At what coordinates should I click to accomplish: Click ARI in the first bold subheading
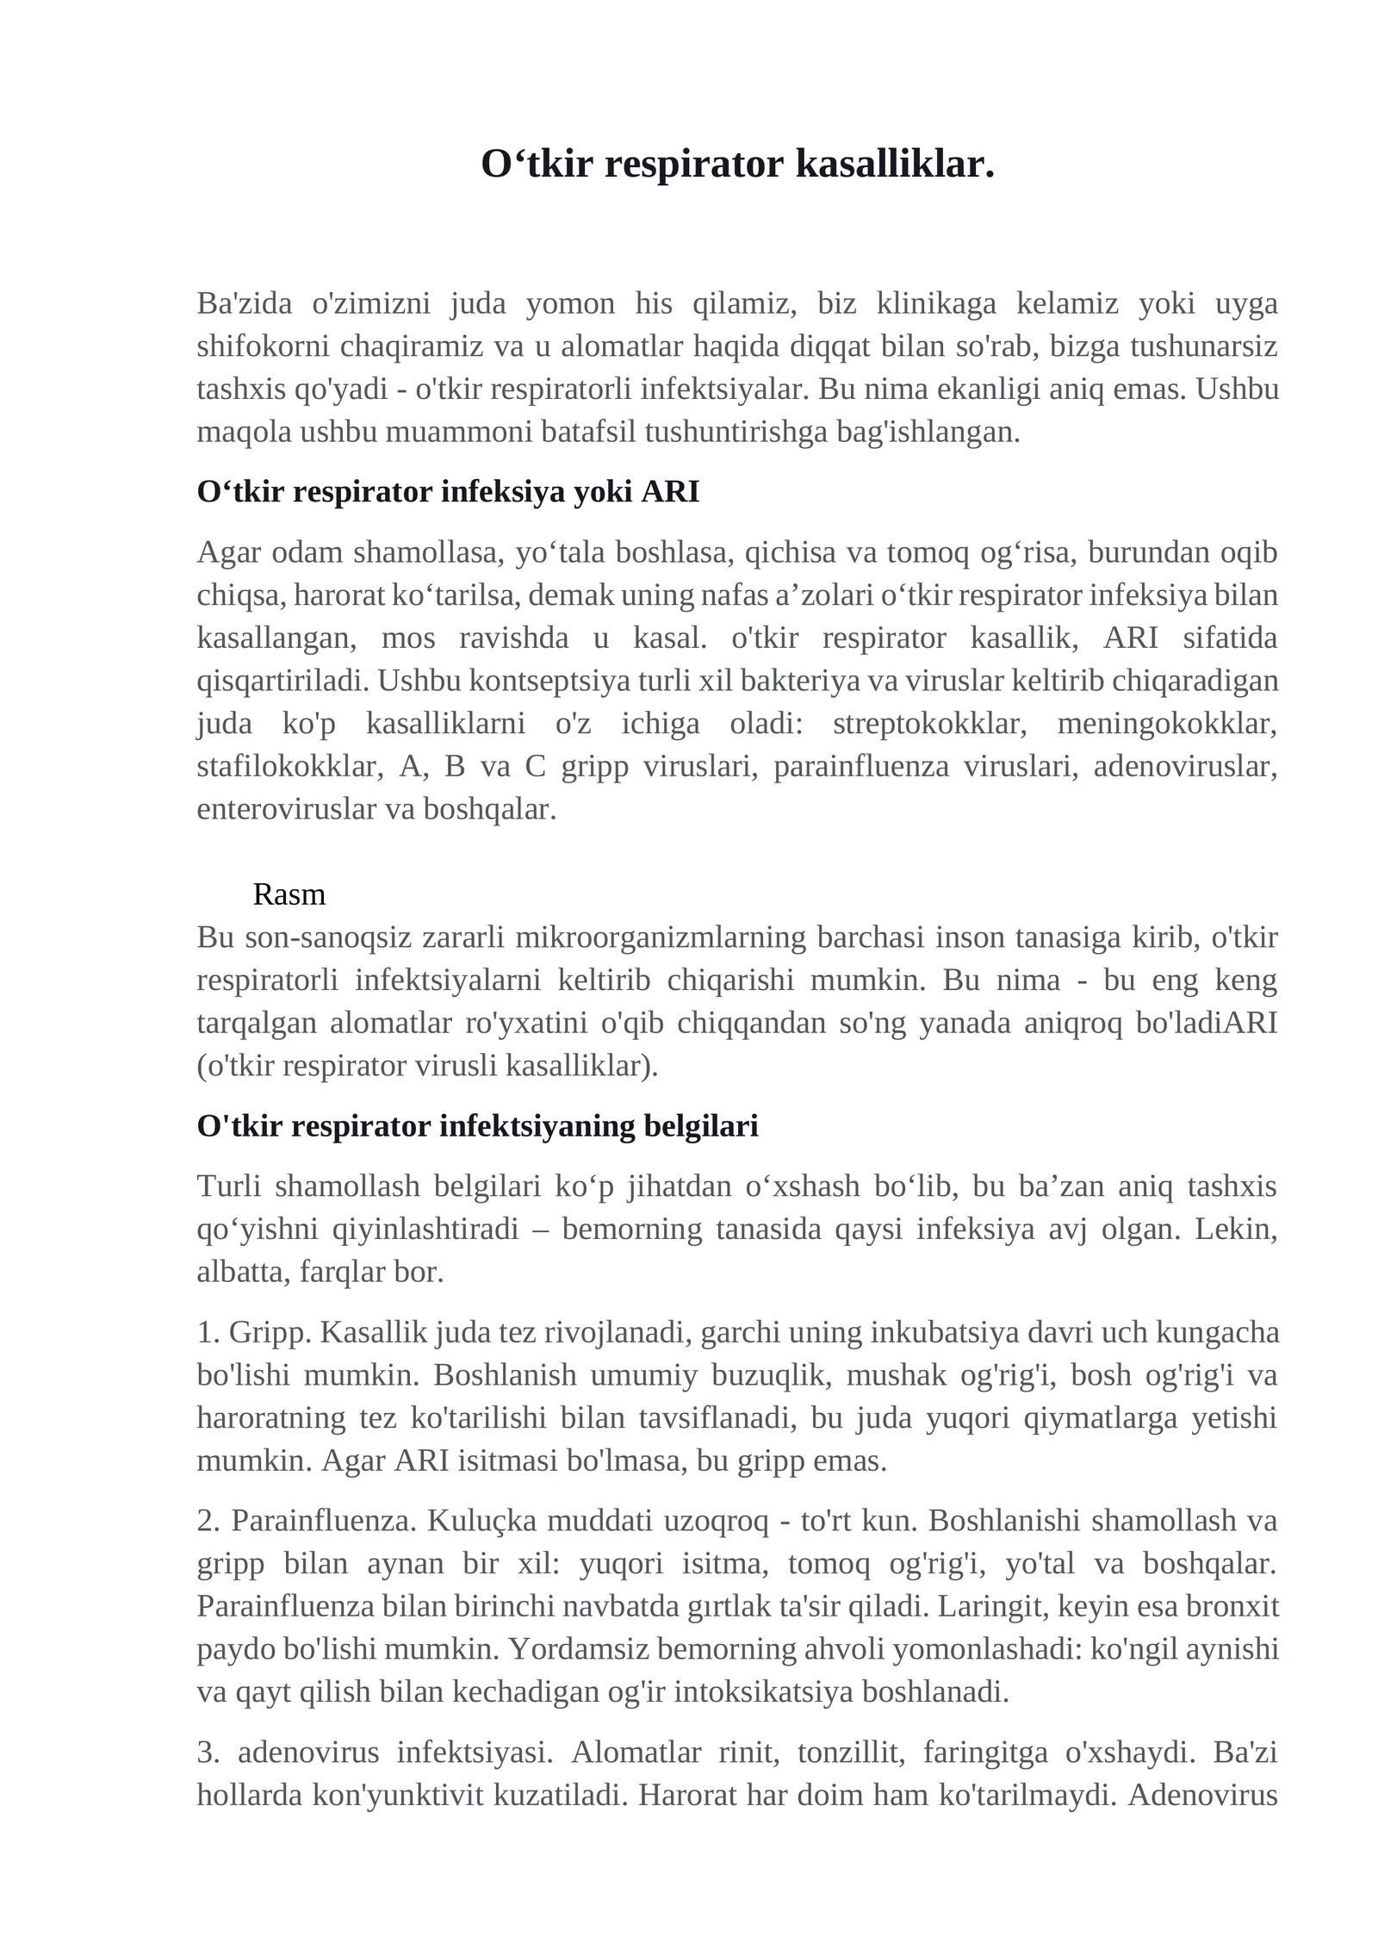pyautogui.click(x=670, y=493)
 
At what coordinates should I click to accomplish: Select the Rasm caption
pyautogui.click(x=289, y=894)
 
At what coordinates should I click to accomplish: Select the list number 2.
pyautogui.click(x=208, y=1521)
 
